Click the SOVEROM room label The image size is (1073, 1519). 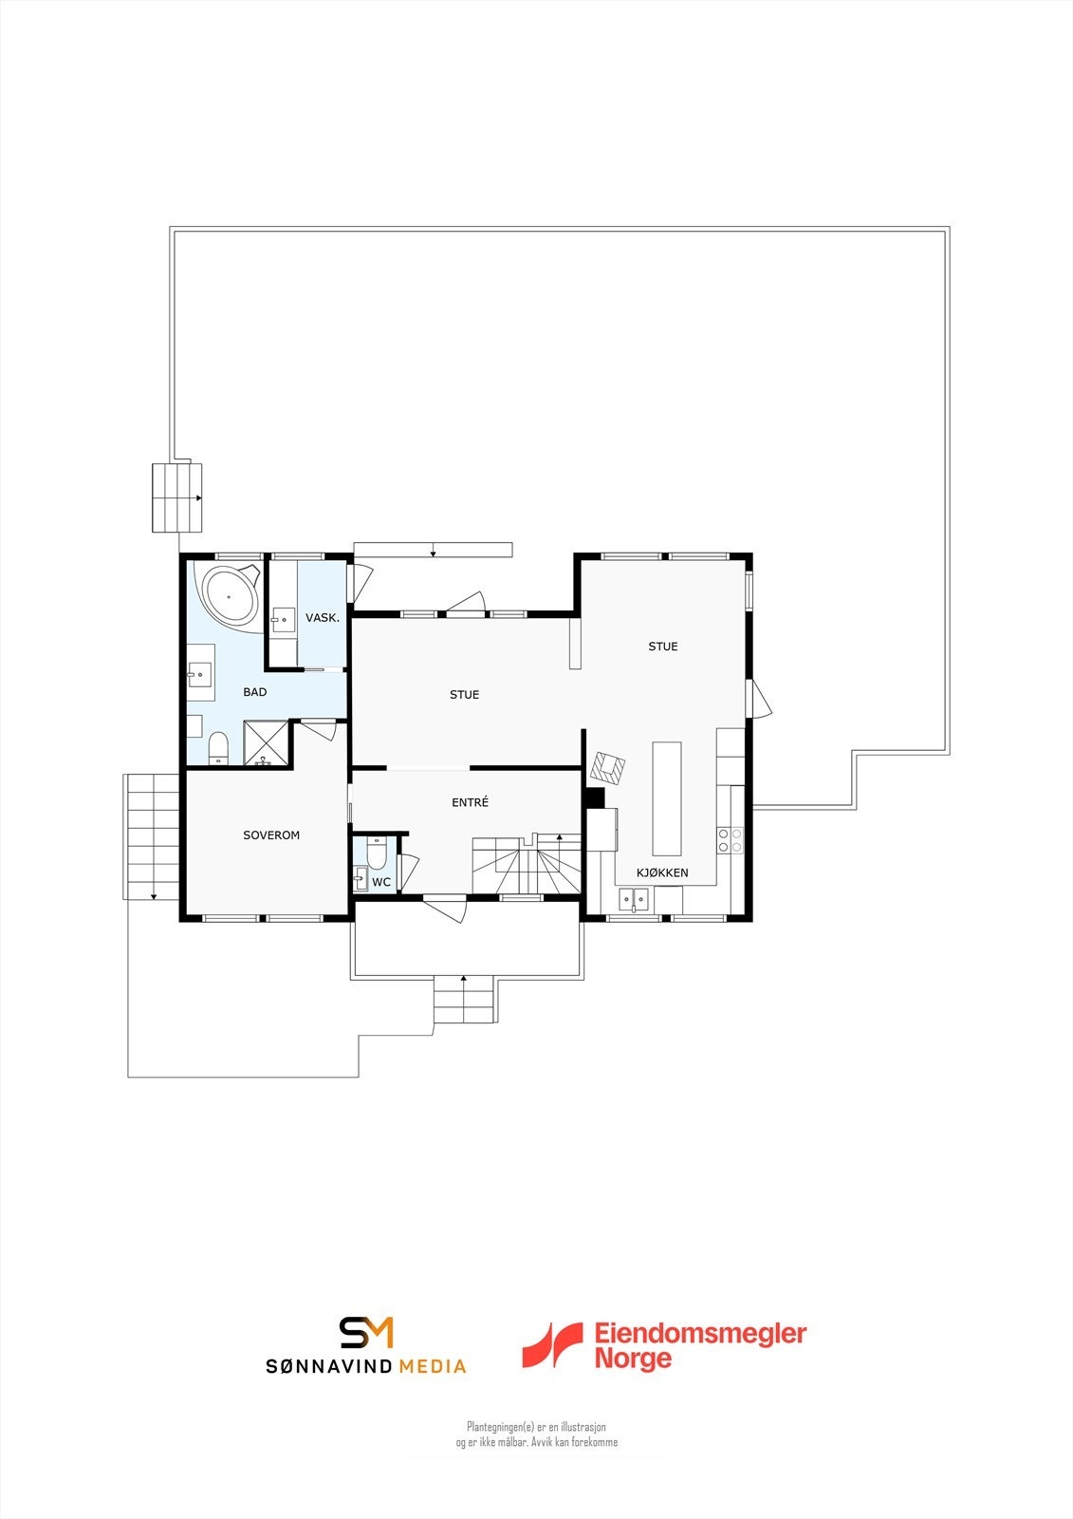271,835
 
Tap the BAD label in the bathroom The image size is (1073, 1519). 255,692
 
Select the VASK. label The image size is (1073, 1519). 323,618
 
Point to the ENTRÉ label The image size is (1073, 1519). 470,803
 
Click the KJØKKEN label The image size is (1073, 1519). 662,872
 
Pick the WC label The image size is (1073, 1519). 381,883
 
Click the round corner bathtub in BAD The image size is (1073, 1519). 230,596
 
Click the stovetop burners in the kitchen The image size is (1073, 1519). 731,839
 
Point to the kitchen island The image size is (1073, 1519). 667,798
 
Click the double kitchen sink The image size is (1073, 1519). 634,898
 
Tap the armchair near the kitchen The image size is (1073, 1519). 607,767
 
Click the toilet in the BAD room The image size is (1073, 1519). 218,747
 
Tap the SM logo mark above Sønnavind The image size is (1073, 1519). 366,1332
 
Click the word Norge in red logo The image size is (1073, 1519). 633,1359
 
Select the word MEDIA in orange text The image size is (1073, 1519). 433,1366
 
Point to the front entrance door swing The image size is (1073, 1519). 447,908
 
